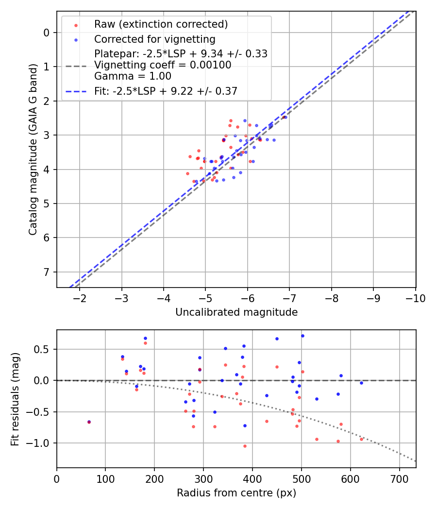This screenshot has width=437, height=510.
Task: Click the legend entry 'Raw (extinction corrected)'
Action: pos(161,24)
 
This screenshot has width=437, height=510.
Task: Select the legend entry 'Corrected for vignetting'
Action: pos(154,39)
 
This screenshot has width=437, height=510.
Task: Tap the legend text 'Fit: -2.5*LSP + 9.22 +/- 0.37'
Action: pos(166,91)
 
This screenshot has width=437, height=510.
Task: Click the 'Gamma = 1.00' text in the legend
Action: pos(133,76)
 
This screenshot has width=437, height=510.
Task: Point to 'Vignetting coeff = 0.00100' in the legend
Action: pos(163,65)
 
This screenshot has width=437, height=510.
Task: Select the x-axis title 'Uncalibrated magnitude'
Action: pos(236,312)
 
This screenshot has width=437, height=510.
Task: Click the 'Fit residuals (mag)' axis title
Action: pos(15,399)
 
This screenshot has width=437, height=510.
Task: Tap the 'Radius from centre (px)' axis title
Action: pos(236,493)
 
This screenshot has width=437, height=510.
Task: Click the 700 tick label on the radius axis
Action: pos(399,478)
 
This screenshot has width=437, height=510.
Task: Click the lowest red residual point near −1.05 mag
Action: pos(245,446)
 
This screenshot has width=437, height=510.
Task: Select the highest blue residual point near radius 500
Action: pos(303,336)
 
